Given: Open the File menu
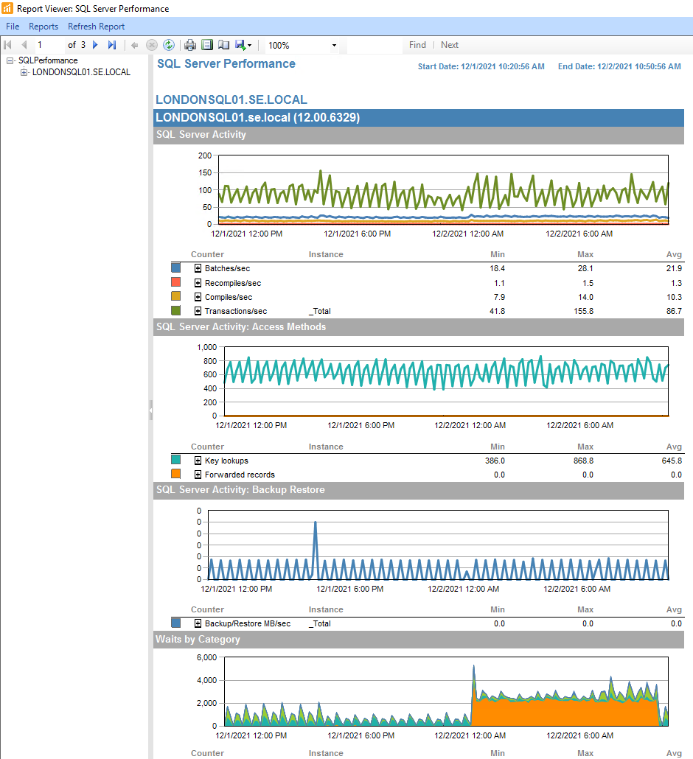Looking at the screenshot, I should [x=13, y=27].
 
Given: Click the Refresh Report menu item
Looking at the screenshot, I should [x=97, y=27].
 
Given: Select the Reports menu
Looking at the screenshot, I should [x=43, y=27].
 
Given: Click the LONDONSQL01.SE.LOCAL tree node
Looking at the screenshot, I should [x=81, y=72].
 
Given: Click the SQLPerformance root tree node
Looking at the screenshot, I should [x=48, y=60].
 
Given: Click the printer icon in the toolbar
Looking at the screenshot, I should [x=190, y=45].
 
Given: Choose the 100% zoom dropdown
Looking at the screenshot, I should [x=302, y=45].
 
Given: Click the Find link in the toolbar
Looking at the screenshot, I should [x=417, y=45].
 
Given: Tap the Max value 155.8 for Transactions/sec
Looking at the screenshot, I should [x=585, y=311].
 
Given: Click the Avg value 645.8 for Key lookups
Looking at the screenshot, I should [x=673, y=461].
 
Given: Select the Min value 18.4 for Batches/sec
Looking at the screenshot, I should [x=497, y=268].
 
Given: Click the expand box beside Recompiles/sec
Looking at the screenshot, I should [x=198, y=283].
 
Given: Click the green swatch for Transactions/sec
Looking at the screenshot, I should [x=175, y=311].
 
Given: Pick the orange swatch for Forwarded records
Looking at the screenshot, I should [x=175, y=475].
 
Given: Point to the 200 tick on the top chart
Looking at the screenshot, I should [x=205, y=155].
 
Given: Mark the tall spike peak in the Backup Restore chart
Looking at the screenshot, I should [x=316, y=522].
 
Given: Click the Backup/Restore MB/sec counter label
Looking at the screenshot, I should [x=248, y=623].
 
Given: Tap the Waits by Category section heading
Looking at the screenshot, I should [x=198, y=640].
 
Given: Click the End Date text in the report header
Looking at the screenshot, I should [x=619, y=66].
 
